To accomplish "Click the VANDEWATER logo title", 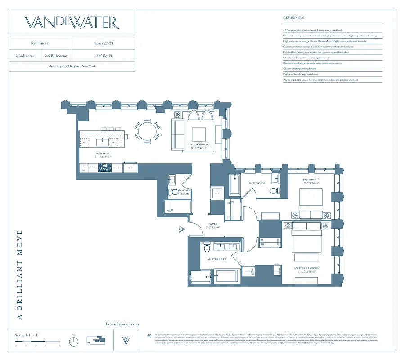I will pos(72,23).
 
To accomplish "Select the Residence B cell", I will pos(40,43).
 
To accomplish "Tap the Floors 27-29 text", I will pos(103,43).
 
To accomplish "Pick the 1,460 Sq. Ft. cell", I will pos(103,56).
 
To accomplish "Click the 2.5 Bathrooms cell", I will pos(56,56).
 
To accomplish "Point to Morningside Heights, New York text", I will pos(72,66).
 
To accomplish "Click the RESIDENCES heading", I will pos(293,18).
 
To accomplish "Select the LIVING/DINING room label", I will pos(198,146).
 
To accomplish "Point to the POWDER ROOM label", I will pos(185,192).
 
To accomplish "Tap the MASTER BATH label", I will pos(216,259).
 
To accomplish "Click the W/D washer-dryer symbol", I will pos(217,193).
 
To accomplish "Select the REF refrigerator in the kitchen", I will pos(130,168).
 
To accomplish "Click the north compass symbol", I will pos(74,342).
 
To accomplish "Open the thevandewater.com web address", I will pos(121,324).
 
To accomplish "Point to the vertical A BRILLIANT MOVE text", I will pos(19,274).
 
